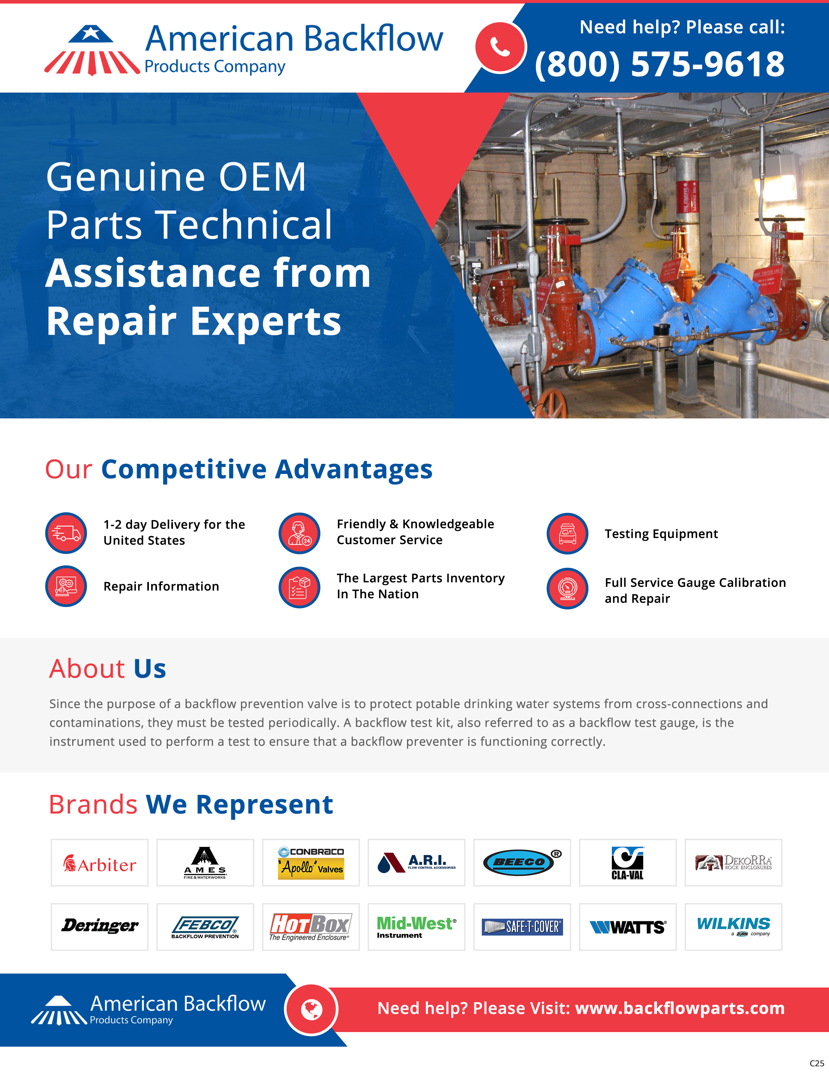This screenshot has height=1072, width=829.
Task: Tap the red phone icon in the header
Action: (500, 48)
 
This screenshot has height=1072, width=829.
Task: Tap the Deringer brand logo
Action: (100, 926)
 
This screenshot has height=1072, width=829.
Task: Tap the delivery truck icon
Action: (66, 533)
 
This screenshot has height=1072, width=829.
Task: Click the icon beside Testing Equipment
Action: (567, 533)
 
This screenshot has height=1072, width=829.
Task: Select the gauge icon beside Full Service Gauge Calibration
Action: (567, 588)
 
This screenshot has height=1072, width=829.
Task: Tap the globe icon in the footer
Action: (311, 1010)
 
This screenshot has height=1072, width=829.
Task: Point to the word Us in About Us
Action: (150, 669)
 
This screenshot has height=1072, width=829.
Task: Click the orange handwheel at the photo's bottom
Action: (552, 405)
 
